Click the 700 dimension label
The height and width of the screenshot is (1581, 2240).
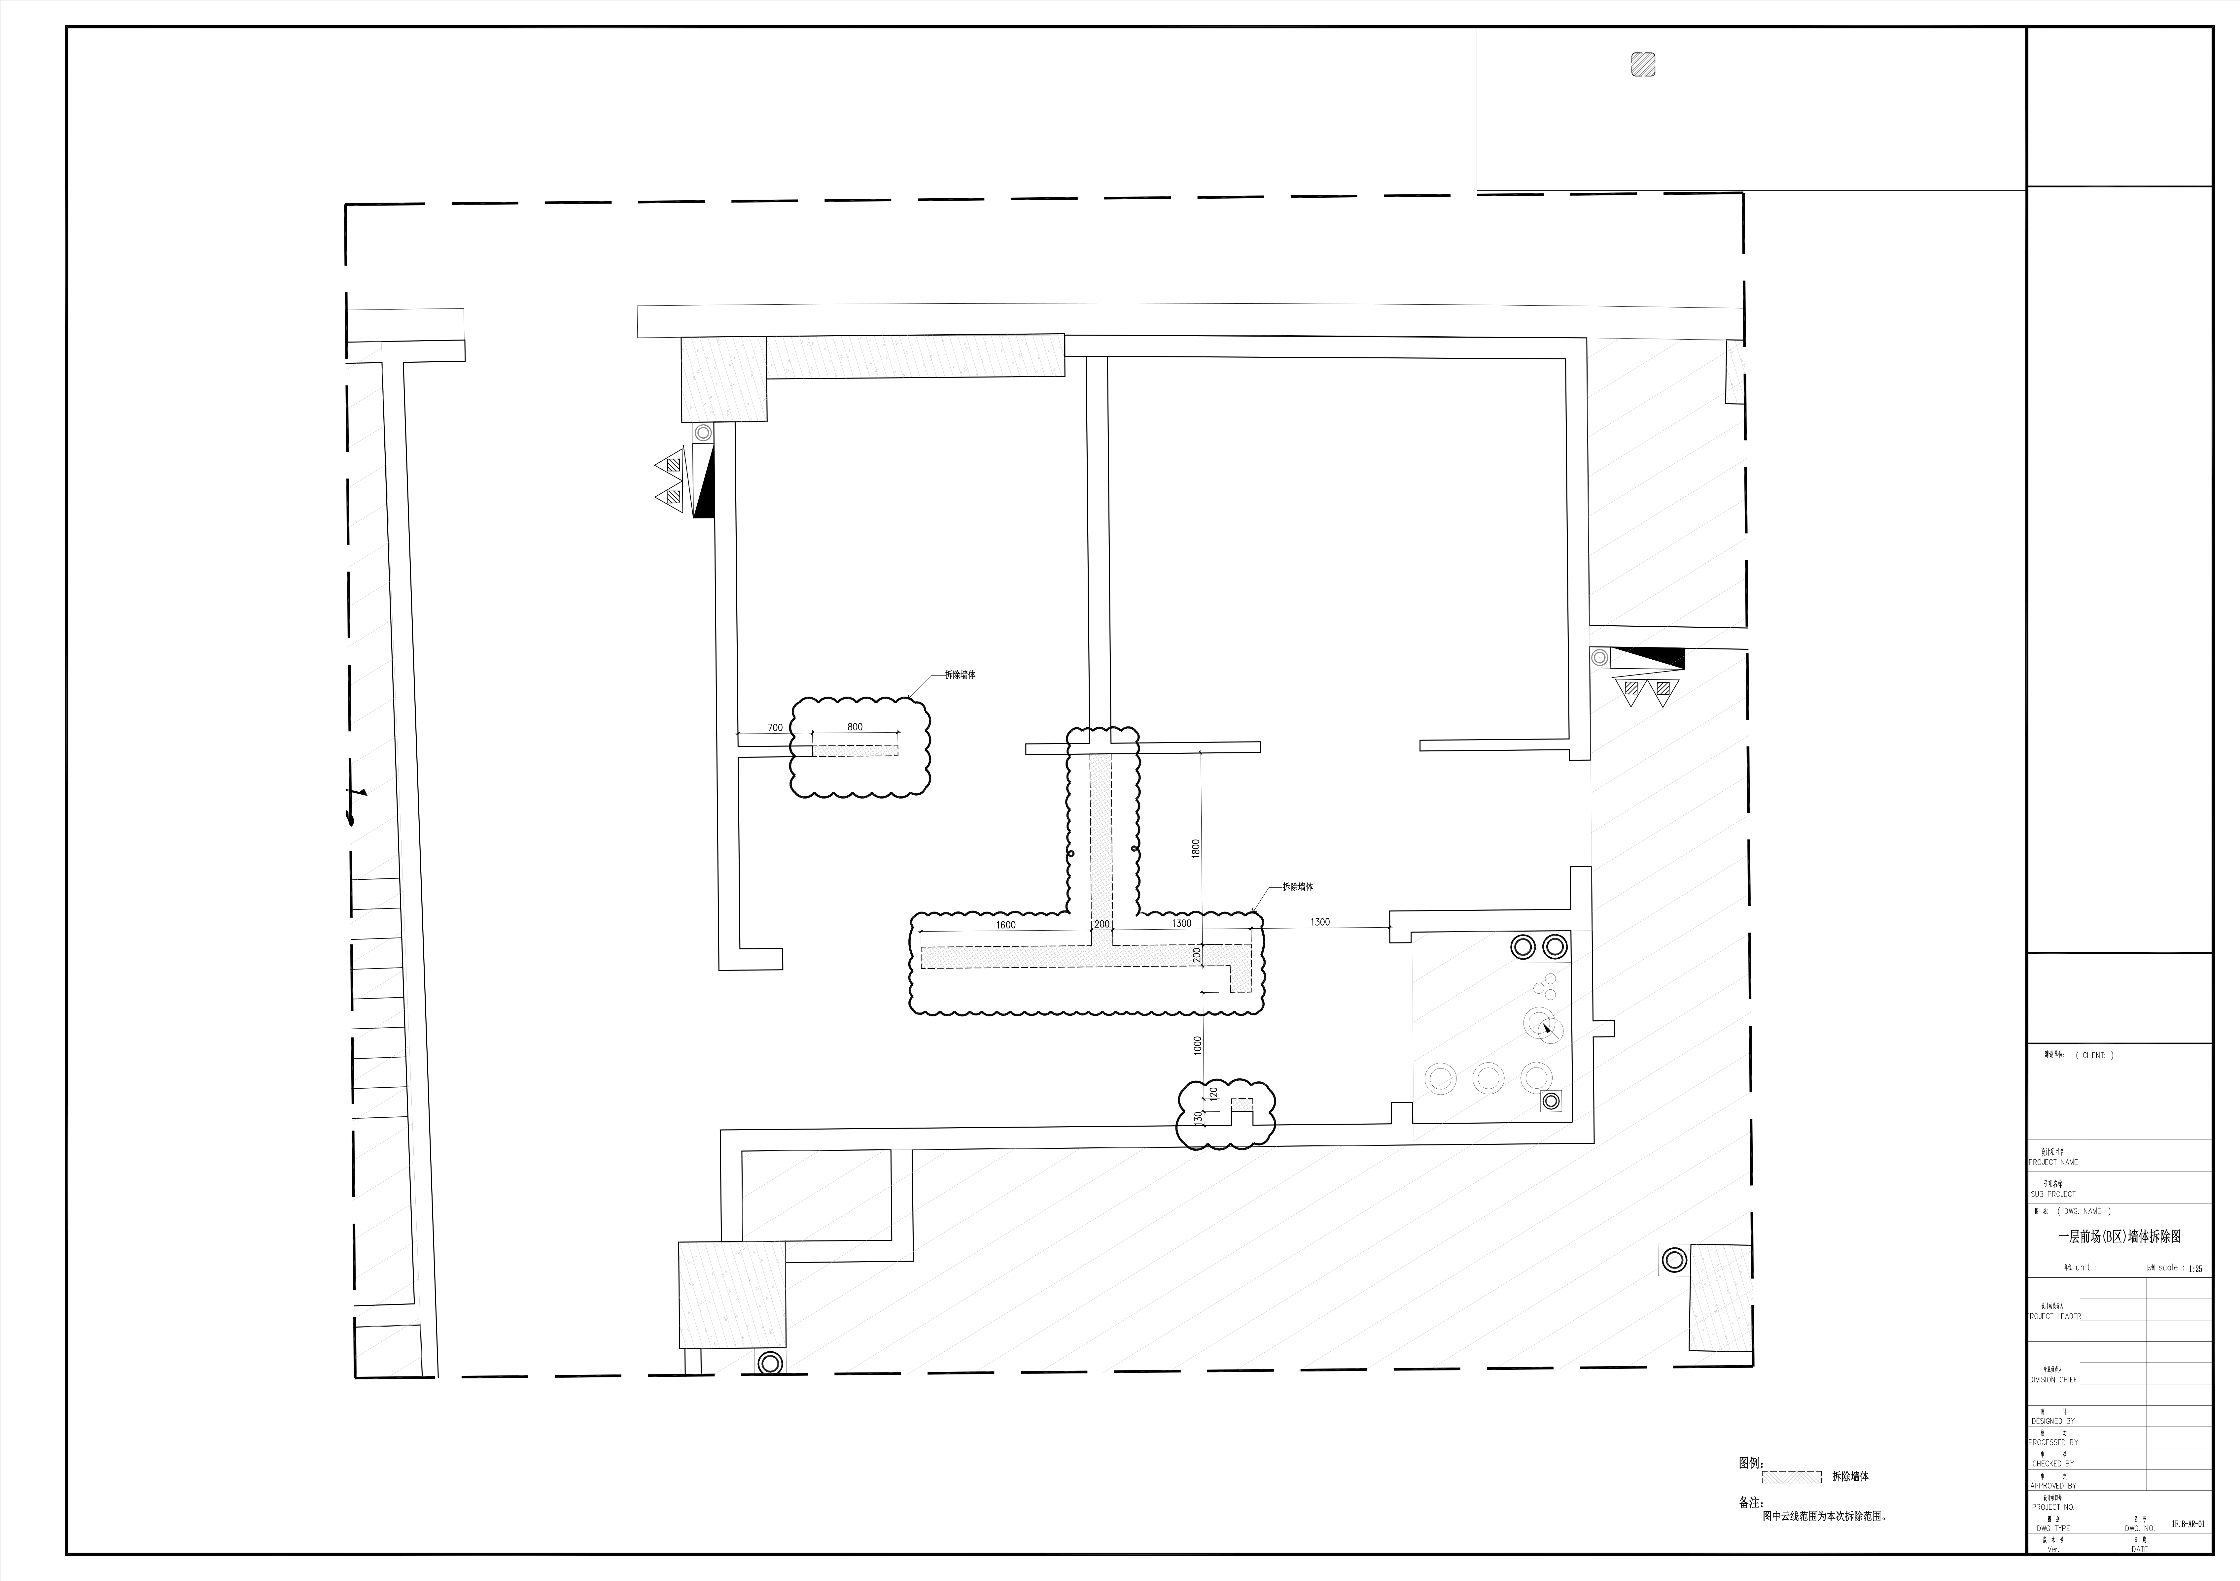coord(775,728)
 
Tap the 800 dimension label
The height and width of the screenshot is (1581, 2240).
coord(855,727)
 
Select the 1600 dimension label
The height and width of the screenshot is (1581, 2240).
coord(1006,925)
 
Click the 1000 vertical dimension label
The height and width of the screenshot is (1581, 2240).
coord(1197,1044)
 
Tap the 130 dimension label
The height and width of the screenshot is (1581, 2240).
coord(1198,1118)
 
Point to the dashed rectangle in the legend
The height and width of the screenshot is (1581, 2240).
coord(1791,1477)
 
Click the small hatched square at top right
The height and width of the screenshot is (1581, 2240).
coord(1643,64)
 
